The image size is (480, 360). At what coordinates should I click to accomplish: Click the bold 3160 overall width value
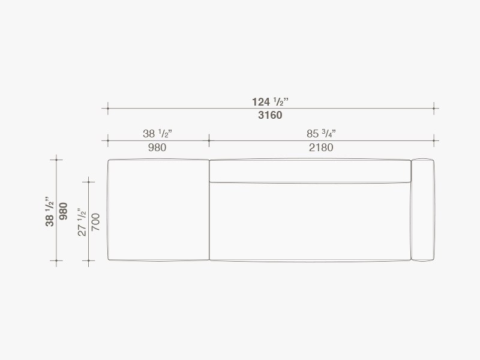[270, 115]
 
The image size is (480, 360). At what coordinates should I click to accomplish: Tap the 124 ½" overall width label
[270, 101]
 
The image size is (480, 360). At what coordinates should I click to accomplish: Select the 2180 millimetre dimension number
[321, 148]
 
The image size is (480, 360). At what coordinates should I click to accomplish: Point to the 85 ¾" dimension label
[321, 133]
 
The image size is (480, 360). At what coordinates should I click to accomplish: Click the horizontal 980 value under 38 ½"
[157, 148]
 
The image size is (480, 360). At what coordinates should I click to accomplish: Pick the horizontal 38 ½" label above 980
[157, 133]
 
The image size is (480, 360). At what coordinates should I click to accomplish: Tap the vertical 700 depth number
[95, 222]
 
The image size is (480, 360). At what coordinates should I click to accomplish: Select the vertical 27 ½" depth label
[82, 222]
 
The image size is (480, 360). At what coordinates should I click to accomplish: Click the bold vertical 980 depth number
[63, 211]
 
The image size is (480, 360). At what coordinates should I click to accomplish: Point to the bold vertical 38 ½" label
[49, 211]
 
